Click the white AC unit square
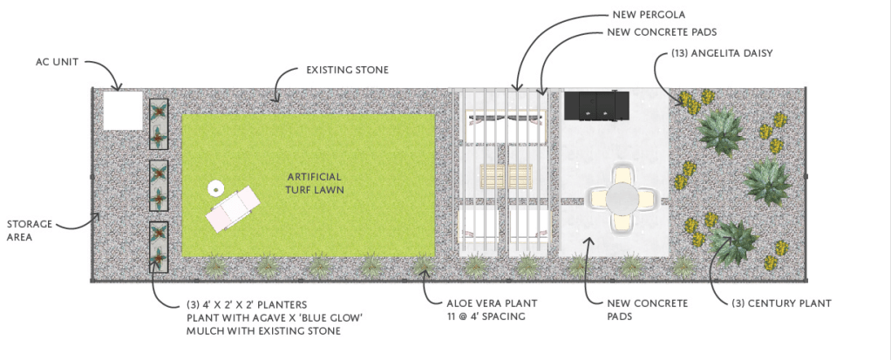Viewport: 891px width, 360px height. tap(123, 111)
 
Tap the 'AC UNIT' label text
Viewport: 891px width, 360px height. tap(57, 61)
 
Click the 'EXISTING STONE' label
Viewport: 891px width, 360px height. tap(347, 71)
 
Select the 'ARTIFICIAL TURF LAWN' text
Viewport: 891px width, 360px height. tap(314, 183)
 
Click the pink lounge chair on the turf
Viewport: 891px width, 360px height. tap(233, 208)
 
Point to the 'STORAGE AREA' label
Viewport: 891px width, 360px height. tap(30, 230)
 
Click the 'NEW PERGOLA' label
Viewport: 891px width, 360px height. tap(642, 15)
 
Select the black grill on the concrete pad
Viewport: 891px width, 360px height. tap(596, 105)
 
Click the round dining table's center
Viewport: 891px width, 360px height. tap(622, 199)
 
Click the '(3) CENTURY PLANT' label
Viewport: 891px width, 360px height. tap(781, 304)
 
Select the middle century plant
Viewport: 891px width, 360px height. tap(766, 181)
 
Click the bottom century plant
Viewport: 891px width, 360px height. tap(734, 243)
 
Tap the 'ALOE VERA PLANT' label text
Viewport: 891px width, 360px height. tap(484, 304)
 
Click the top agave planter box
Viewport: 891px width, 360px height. tap(159, 124)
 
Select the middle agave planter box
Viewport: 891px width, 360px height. tap(159, 186)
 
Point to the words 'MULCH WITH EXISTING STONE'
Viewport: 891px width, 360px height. tap(263, 331)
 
